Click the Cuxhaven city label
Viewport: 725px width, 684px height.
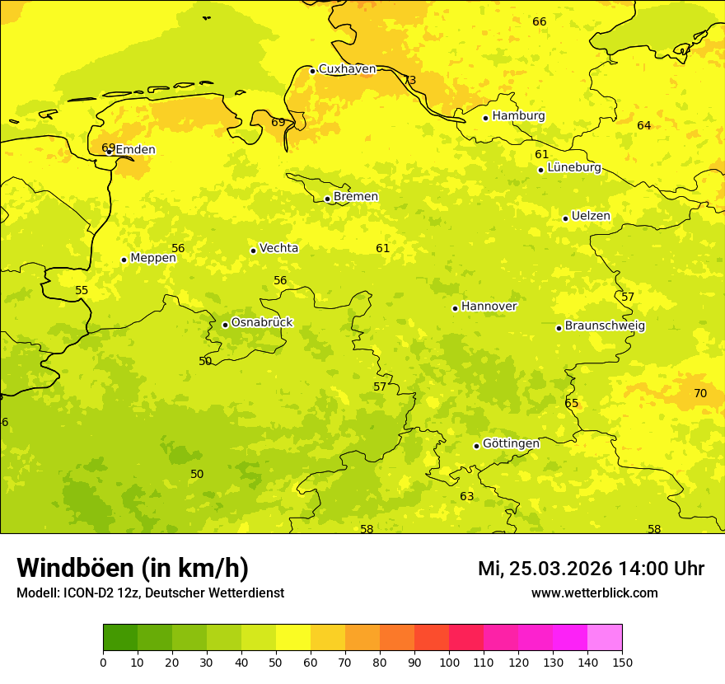coord(347,69)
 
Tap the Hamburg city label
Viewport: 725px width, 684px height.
coord(518,116)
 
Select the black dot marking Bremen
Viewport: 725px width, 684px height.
coord(327,199)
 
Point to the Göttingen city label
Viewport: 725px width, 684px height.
coord(511,443)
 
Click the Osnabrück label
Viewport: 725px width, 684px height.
coord(262,322)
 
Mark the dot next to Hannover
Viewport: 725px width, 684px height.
coord(455,308)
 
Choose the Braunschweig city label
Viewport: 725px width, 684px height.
coord(605,326)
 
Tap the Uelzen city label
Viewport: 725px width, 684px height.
coord(591,216)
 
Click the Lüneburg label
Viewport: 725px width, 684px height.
coord(574,167)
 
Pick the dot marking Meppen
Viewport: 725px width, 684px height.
coord(124,260)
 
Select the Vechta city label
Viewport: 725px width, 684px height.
coord(278,248)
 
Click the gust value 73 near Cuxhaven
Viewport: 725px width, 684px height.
coord(409,81)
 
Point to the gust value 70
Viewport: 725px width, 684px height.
coord(700,394)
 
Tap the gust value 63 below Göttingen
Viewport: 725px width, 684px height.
coord(467,497)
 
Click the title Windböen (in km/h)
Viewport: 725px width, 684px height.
coord(133,568)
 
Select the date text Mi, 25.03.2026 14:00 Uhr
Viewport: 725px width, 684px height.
coord(591,569)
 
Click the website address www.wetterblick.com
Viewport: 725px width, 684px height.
coord(594,593)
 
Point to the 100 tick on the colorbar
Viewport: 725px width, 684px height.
coord(449,662)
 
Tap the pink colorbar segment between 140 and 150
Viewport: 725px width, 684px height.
coord(605,638)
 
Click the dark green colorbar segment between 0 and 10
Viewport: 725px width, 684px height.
coord(120,638)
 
